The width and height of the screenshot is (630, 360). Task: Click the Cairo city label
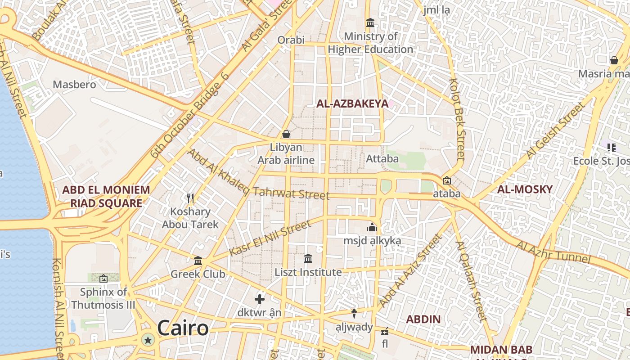(183, 328)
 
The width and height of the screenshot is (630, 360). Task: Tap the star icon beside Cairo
(148, 340)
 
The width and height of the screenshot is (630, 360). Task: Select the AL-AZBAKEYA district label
(352, 104)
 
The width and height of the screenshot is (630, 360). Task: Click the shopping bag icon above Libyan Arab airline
(286, 134)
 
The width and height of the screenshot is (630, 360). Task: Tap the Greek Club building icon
(198, 261)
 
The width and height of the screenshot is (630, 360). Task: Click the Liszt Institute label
(308, 272)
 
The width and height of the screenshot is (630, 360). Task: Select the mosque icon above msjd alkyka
(372, 228)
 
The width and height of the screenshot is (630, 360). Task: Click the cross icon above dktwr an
(260, 299)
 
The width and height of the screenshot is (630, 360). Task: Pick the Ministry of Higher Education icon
(370, 22)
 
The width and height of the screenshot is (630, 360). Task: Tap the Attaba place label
(382, 159)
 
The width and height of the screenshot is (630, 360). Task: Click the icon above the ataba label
(446, 180)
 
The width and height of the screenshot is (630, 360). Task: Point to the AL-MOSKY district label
(525, 189)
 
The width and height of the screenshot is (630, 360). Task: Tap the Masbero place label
(74, 85)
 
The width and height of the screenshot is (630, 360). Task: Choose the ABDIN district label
(423, 319)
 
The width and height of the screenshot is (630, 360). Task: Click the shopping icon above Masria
(614, 60)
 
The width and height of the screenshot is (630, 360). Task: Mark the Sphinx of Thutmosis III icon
(103, 279)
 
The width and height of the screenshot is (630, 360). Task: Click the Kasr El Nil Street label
(270, 238)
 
